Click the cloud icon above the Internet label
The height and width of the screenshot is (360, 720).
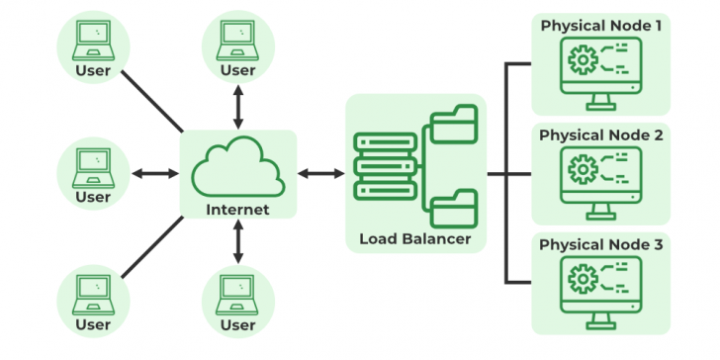pos(237,170)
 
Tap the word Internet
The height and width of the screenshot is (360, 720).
pos(237,210)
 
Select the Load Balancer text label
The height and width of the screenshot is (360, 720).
pos(415,238)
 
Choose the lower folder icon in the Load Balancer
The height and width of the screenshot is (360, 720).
pos(454,209)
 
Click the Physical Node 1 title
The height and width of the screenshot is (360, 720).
pos(600,24)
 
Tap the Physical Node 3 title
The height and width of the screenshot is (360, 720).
pos(600,244)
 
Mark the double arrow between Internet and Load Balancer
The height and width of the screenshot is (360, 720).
pos(319,174)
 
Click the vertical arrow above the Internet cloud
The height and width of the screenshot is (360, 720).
pos(237,106)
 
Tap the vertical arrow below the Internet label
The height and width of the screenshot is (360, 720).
pos(237,241)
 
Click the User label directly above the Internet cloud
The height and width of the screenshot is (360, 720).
pos(237,70)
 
